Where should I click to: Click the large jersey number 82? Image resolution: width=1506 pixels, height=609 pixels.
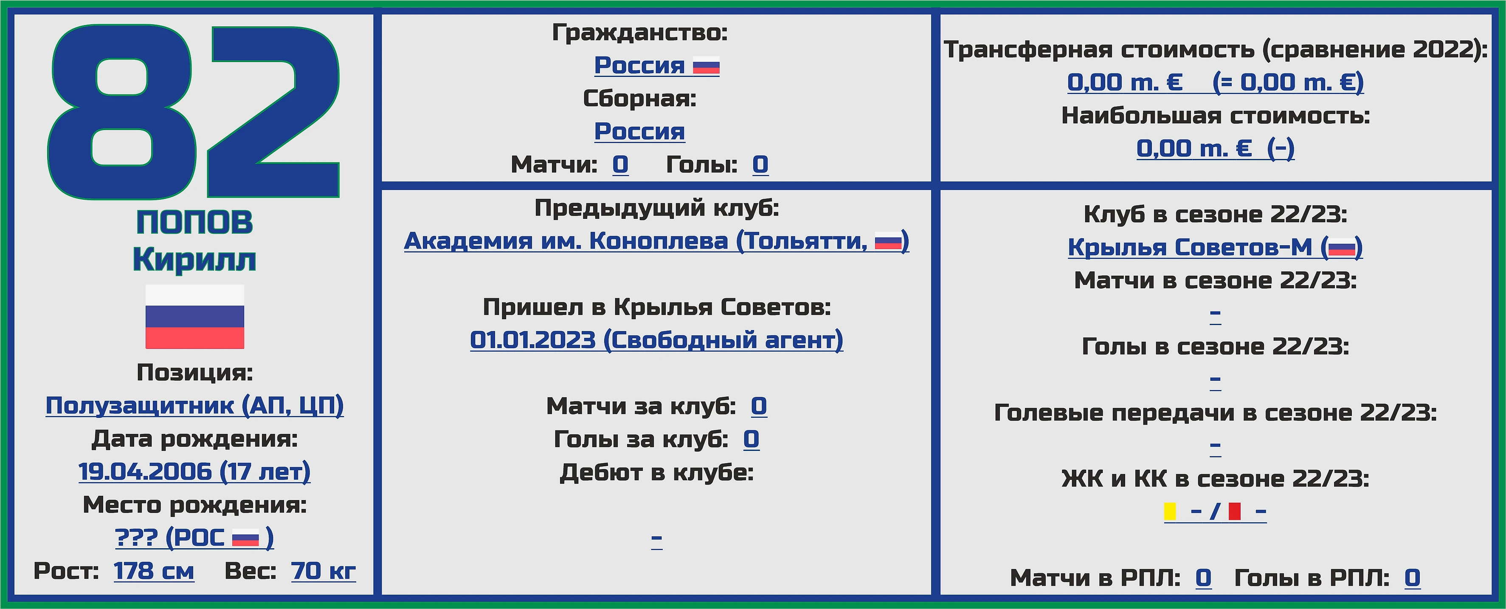click(x=193, y=111)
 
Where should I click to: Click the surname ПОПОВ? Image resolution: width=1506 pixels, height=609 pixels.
click(x=195, y=222)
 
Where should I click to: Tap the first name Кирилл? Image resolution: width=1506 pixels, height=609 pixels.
click(x=195, y=259)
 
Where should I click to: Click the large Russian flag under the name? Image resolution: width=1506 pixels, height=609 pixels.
click(x=195, y=317)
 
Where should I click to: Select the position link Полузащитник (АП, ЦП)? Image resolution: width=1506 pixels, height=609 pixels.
click(x=195, y=405)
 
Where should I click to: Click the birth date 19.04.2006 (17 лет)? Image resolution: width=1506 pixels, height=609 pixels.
click(x=195, y=472)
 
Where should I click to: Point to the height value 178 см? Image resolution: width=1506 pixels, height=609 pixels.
click(x=154, y=571)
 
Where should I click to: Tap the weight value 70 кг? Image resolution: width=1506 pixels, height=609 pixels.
click(x=323, y=571)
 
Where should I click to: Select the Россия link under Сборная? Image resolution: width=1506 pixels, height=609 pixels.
click(x=639, y=131)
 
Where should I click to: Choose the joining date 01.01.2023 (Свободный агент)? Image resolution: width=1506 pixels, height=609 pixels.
click(x=656, y=340)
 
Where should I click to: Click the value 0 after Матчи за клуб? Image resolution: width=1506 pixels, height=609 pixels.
click(x=759, y=406)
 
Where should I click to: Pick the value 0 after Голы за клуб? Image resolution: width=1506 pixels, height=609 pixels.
click(x=751, y=439)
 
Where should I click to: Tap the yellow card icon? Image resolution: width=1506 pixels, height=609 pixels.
click(x=1170, y=511)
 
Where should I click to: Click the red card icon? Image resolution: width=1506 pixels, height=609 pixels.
click(x=1234, y=511)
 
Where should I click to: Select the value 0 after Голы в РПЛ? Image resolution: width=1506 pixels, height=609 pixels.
click(x=1413, y=578)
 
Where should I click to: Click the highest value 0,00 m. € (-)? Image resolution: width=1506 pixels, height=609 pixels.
click(x=1216, y=148)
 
